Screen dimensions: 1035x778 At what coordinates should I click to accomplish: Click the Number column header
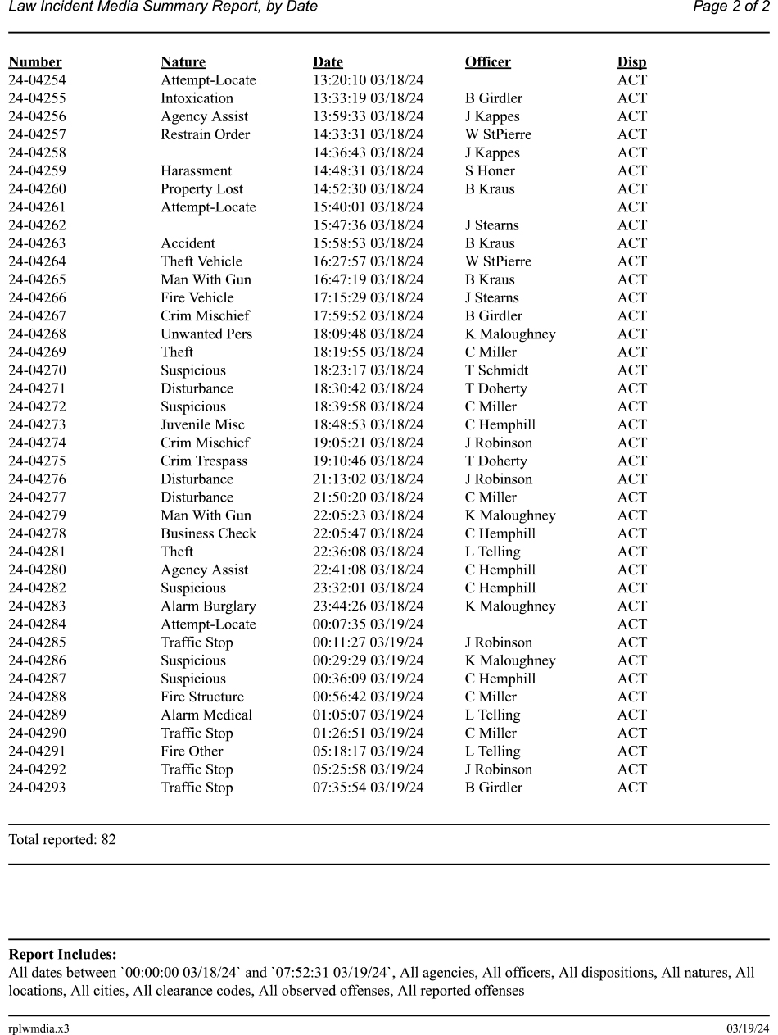coord(35,62)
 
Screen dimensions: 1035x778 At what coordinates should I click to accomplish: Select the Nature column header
coord(183,62)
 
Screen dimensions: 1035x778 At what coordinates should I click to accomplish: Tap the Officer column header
coord(487,62)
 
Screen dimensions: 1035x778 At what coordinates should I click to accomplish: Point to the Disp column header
coord(631,62)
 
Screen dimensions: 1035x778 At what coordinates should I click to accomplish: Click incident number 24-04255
coord(37,98)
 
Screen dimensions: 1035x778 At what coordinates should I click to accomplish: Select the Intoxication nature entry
coord(197,98)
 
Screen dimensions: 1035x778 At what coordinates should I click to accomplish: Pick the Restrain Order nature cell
coord(205,134)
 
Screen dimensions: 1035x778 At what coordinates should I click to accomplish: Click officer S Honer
coord(490,170)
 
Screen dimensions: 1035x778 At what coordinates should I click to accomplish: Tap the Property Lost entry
coord(201,188)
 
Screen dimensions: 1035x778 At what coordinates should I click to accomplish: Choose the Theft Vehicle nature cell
coord(201,261)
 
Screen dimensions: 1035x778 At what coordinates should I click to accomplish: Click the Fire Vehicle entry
coord(197,297)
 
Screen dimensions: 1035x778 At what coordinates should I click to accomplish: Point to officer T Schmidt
coord(496,370)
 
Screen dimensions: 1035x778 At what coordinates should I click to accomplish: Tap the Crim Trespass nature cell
coord(204,461)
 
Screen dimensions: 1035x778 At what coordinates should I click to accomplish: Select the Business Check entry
coord(208,533)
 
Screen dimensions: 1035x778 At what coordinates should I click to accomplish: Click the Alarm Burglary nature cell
coord(208,606)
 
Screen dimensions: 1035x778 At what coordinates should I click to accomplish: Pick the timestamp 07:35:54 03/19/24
coord(368,788)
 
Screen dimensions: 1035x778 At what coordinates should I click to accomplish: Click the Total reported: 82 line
coord(62,839)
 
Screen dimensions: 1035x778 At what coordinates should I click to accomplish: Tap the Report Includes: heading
coord(62,955)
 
